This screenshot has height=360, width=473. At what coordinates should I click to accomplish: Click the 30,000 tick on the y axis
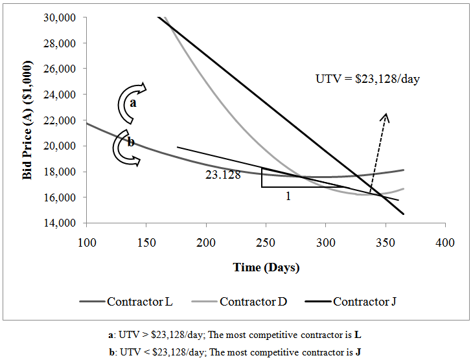[x=63, y=17]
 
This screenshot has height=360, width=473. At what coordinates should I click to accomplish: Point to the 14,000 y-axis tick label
[x=63, y=223]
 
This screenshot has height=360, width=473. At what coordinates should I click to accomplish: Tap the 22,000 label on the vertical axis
[x=63, y=120]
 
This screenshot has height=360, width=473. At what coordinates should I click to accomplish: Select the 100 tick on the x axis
[x=86, y=242]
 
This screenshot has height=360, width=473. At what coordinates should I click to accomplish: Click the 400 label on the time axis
[x=445, y=242]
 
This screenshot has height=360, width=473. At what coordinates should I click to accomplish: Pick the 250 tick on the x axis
[x=266, y=242]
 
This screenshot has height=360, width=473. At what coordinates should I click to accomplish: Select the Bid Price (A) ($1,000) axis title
[x=28, y=120]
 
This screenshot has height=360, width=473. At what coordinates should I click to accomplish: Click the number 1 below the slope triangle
[x=288, y=196]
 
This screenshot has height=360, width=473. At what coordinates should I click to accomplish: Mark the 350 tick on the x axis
[x=386, y=242]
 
